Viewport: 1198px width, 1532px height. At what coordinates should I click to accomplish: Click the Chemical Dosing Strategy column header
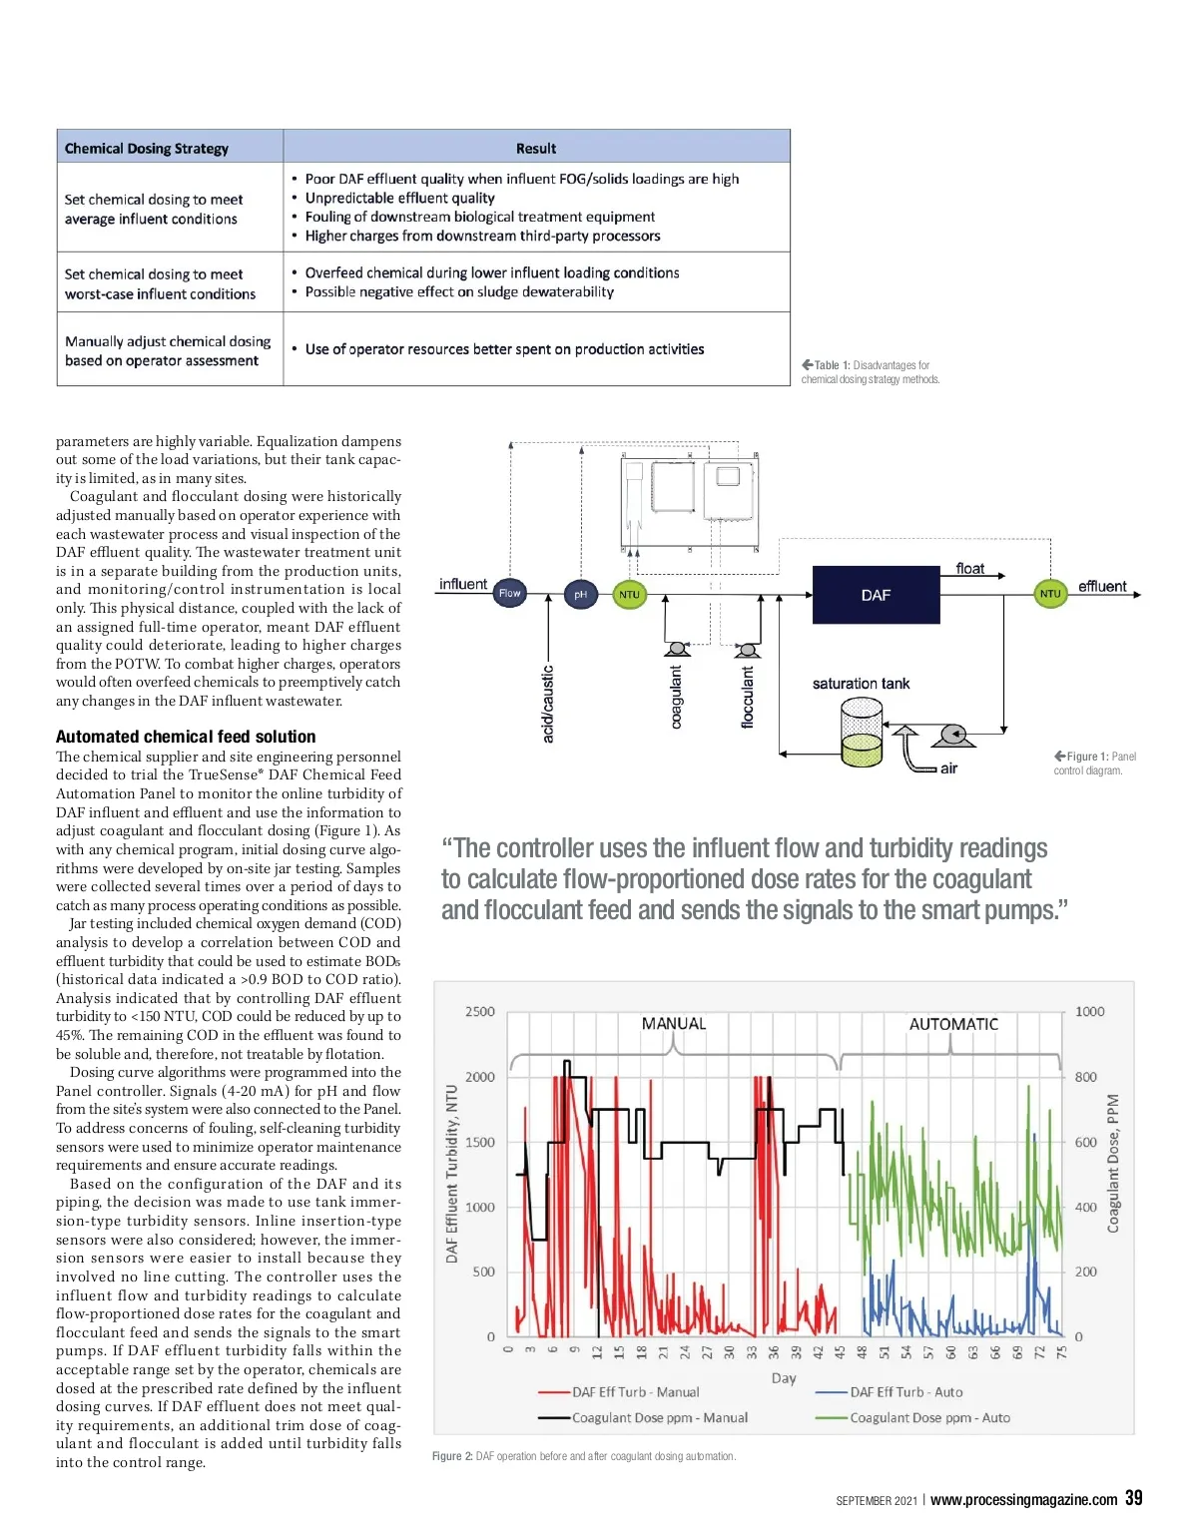(147, 149)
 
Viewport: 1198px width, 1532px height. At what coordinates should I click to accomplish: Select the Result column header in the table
(536, 149)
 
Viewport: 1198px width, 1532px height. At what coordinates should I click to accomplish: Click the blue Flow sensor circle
(509, 593)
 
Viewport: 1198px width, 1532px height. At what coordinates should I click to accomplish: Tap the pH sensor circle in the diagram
(580, 595)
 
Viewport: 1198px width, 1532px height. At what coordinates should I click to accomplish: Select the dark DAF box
(876, 595)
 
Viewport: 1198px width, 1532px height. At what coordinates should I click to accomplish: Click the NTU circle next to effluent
(1050, 594)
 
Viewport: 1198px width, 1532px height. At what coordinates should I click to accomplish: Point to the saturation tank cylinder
(862, 733)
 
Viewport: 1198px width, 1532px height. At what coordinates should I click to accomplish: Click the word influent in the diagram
(463, 584)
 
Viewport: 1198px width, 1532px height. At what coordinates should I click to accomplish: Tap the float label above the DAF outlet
(969, 569)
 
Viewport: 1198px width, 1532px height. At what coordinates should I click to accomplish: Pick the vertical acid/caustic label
(548, 704)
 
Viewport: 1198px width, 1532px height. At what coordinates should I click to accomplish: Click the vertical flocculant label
(748, 698)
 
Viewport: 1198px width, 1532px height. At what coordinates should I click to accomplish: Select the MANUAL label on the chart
(674, 1024)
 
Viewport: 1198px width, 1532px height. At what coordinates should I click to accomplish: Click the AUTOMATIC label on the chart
(953, 1024)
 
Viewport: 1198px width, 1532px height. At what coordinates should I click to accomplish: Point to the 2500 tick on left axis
(480, 1012)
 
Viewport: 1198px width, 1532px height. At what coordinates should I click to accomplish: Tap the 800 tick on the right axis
(1085, 1077)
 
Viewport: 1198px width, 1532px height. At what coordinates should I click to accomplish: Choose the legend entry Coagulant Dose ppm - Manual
(659, 1417)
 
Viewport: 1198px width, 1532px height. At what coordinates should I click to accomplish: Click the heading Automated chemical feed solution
(186, 737)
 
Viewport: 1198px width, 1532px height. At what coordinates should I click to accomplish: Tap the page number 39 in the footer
(1133, 1498)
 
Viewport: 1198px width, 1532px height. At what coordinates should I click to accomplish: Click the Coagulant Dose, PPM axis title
(1114, 1163)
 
